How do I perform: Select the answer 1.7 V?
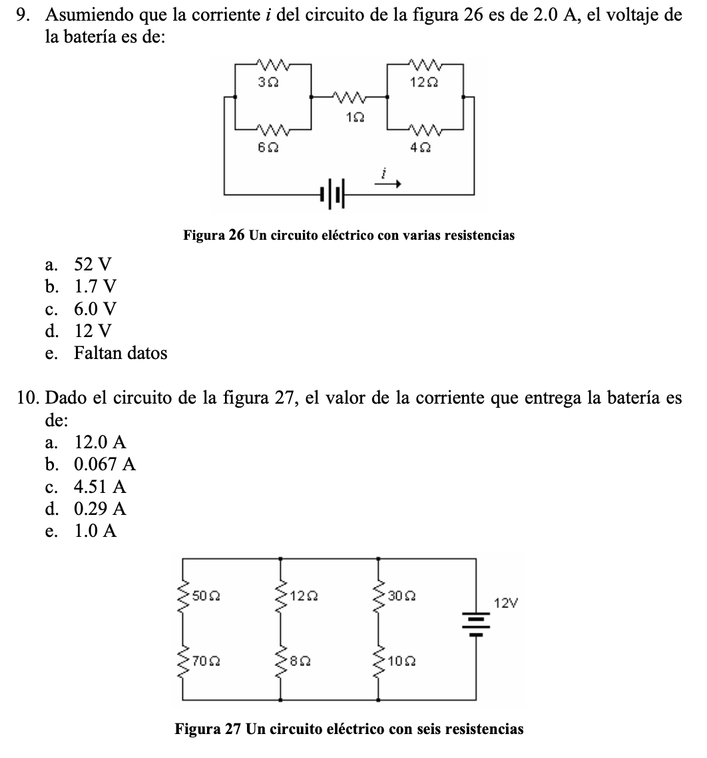point(95,286)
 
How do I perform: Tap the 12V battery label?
point(505,604)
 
